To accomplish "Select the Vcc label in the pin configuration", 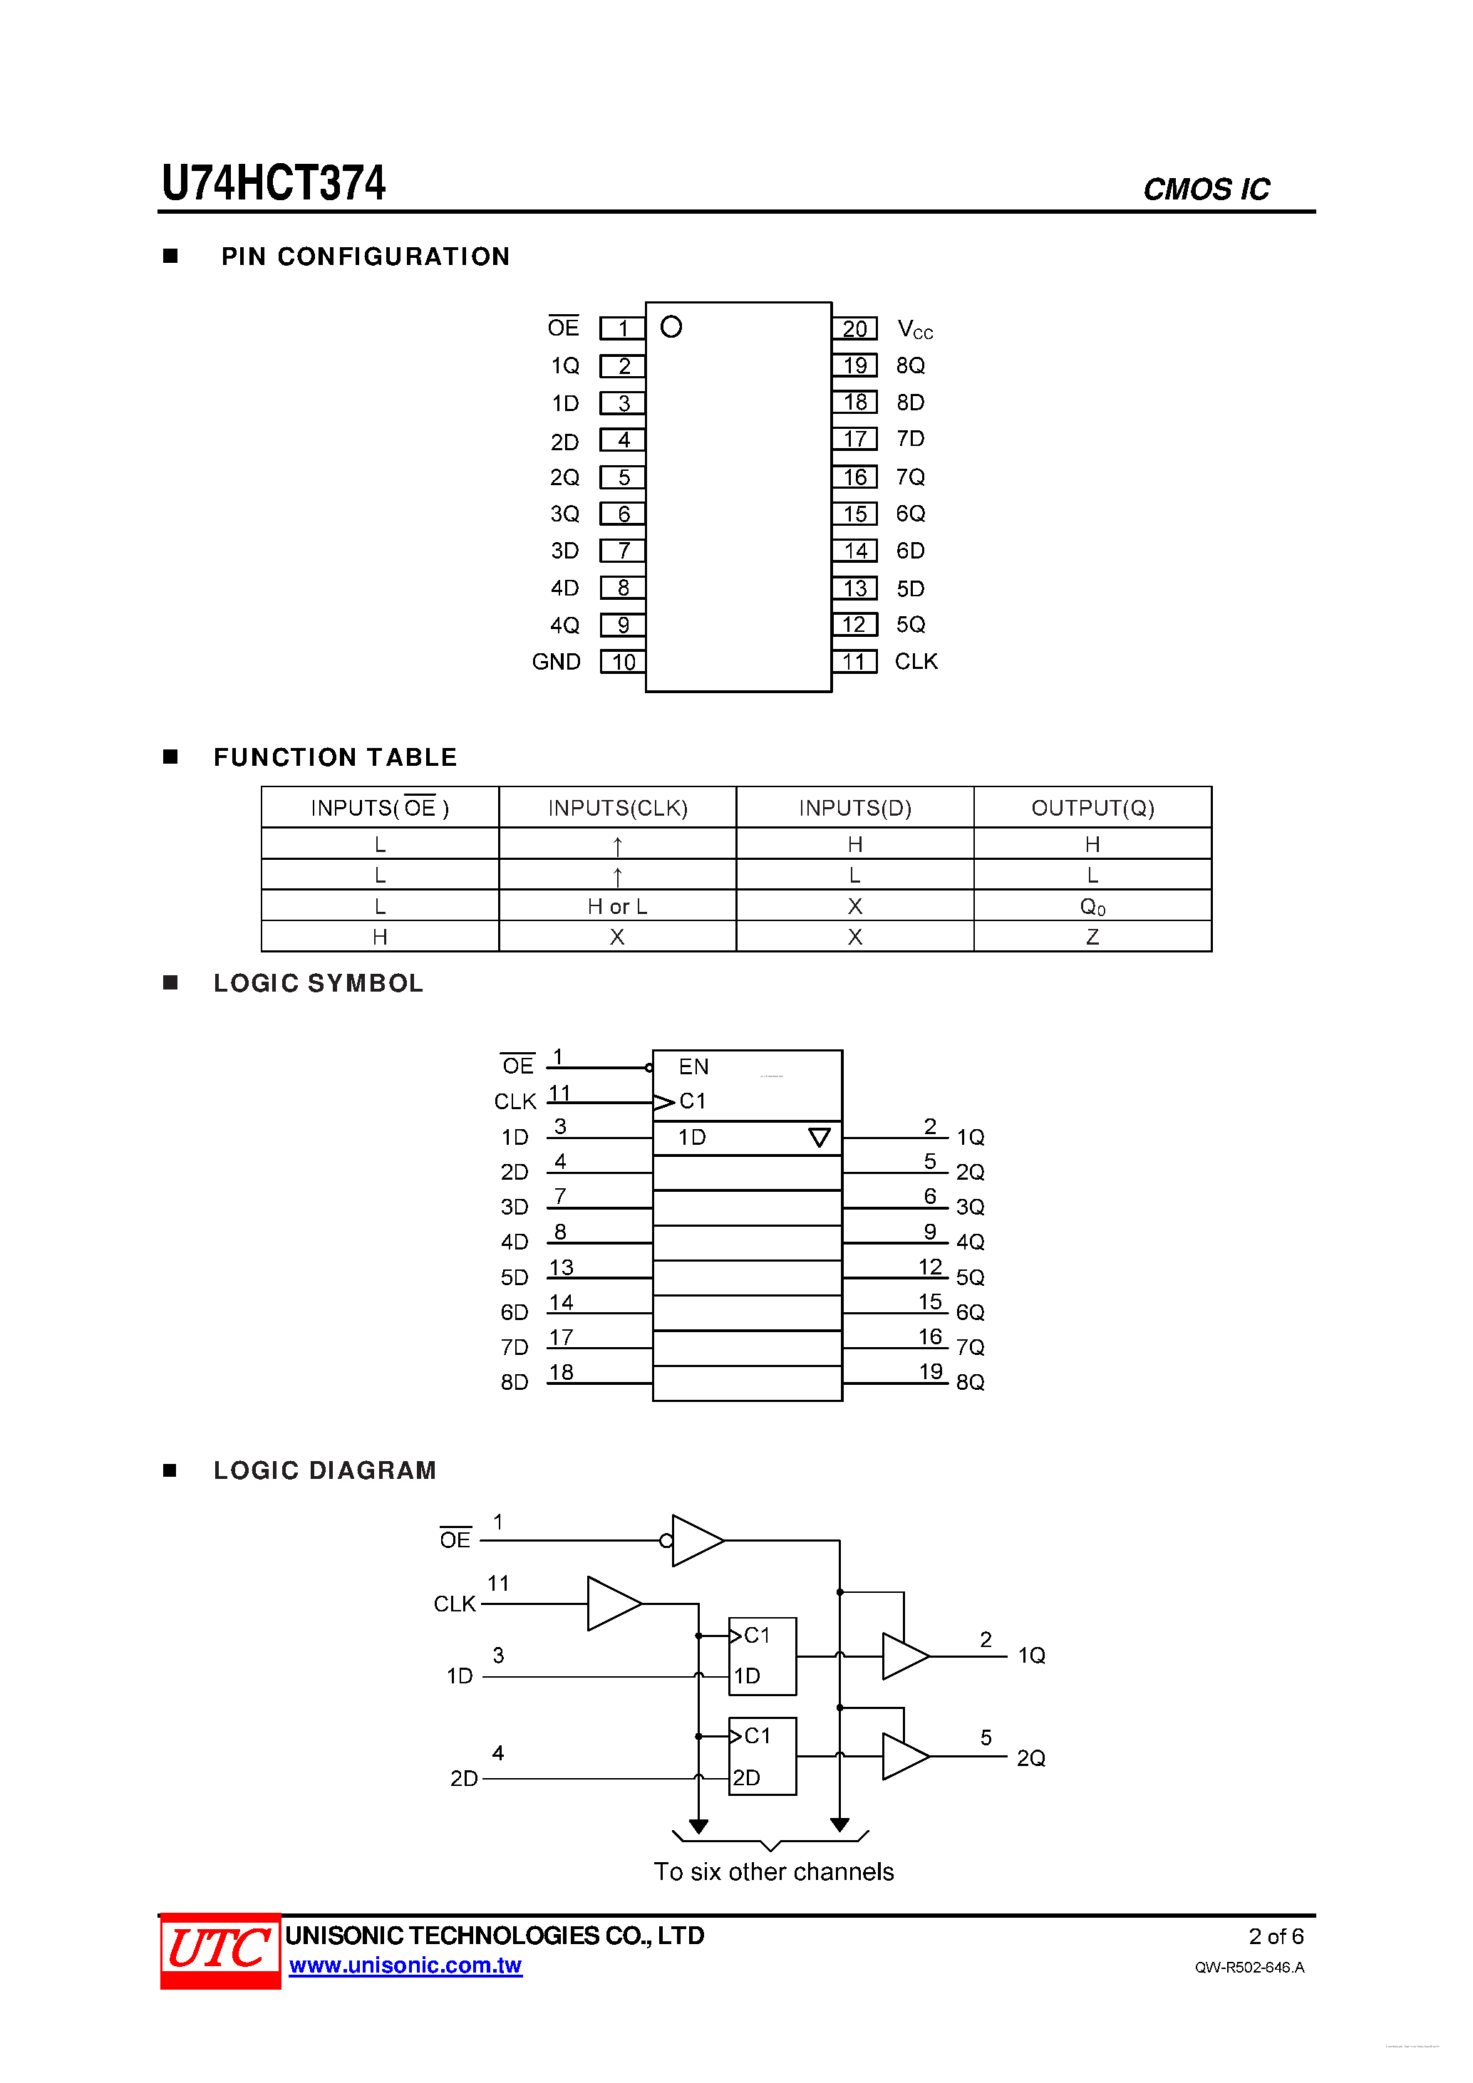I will [x=914, y=329].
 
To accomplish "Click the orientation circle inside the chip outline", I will [x=671, y=326].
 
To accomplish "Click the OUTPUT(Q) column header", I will [x=1092, y=807].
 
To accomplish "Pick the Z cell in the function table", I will [x=1092, y=937].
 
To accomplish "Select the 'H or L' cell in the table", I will [x=617, y=906].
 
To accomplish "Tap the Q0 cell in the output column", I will [x=1092, y=906].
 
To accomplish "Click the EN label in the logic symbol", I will [x=693, y=1067].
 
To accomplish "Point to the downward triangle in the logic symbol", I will [x=819, y=1138].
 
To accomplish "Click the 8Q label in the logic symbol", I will [x=969, y=1382].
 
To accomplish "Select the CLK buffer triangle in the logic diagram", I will [x=613, y=1603].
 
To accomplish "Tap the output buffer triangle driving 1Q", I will [x=904, y=1656].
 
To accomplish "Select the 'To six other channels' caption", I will [x=773, y=1871].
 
